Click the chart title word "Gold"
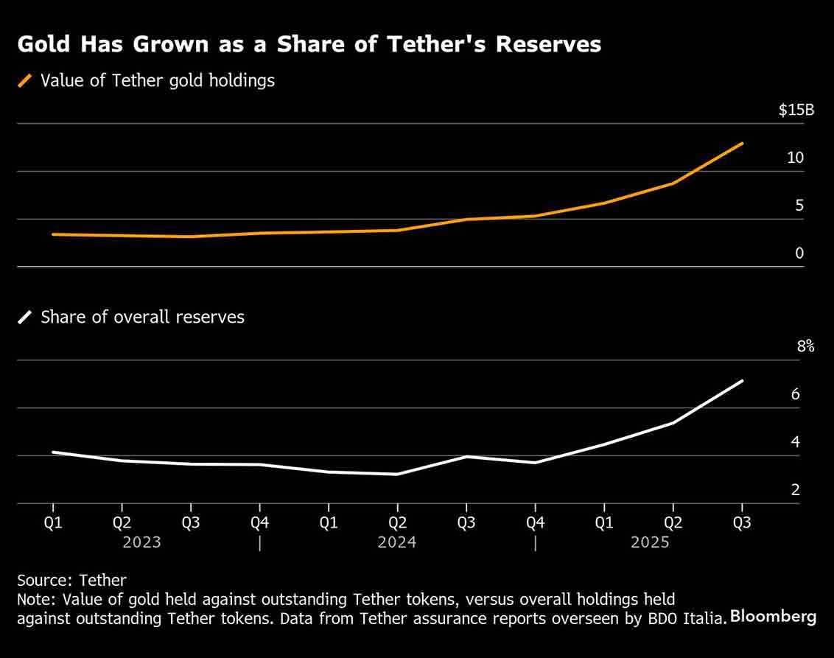[43, 45]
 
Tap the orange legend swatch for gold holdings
[26, 81]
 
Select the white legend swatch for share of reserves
[26, 318]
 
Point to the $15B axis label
[796, 111]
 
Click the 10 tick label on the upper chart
[795, 158]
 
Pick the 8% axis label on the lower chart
[805, 346]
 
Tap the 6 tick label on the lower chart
[795, 394]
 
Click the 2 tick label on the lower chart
[795, 490]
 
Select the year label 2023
[142, 542]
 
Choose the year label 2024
[397, 542]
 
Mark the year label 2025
[650, 542]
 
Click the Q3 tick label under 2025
[742, 522]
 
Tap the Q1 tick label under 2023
[53, 522]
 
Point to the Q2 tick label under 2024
[397, 522]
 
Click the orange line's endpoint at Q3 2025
[742, 144]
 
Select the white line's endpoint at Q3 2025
[742, 381]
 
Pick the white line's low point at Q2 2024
[397, 474]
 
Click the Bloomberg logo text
[773, 617]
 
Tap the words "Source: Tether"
[71, 581]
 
